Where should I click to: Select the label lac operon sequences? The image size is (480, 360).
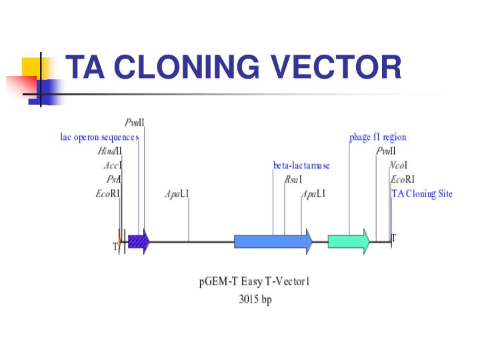[99, 137]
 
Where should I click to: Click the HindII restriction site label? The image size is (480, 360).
[109, 151]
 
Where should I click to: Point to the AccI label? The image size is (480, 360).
[113, 165]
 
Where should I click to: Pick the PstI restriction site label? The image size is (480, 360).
[113, 179]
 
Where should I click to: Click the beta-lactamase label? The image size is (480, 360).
[301, 165]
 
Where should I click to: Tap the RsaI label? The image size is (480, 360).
[293, 179]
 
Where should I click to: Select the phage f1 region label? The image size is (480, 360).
[377, 137]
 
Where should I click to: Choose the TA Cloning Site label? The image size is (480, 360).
[422, 194]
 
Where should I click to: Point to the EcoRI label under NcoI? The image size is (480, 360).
[402, 179]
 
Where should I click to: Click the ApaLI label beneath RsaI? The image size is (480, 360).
[313, 194]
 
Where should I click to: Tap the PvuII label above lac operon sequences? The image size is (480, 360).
[134, 123]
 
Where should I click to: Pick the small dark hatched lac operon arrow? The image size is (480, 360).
[138, 241]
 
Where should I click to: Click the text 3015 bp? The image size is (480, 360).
[255, 300]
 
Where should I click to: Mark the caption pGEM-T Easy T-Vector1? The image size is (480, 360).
[255, 281]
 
